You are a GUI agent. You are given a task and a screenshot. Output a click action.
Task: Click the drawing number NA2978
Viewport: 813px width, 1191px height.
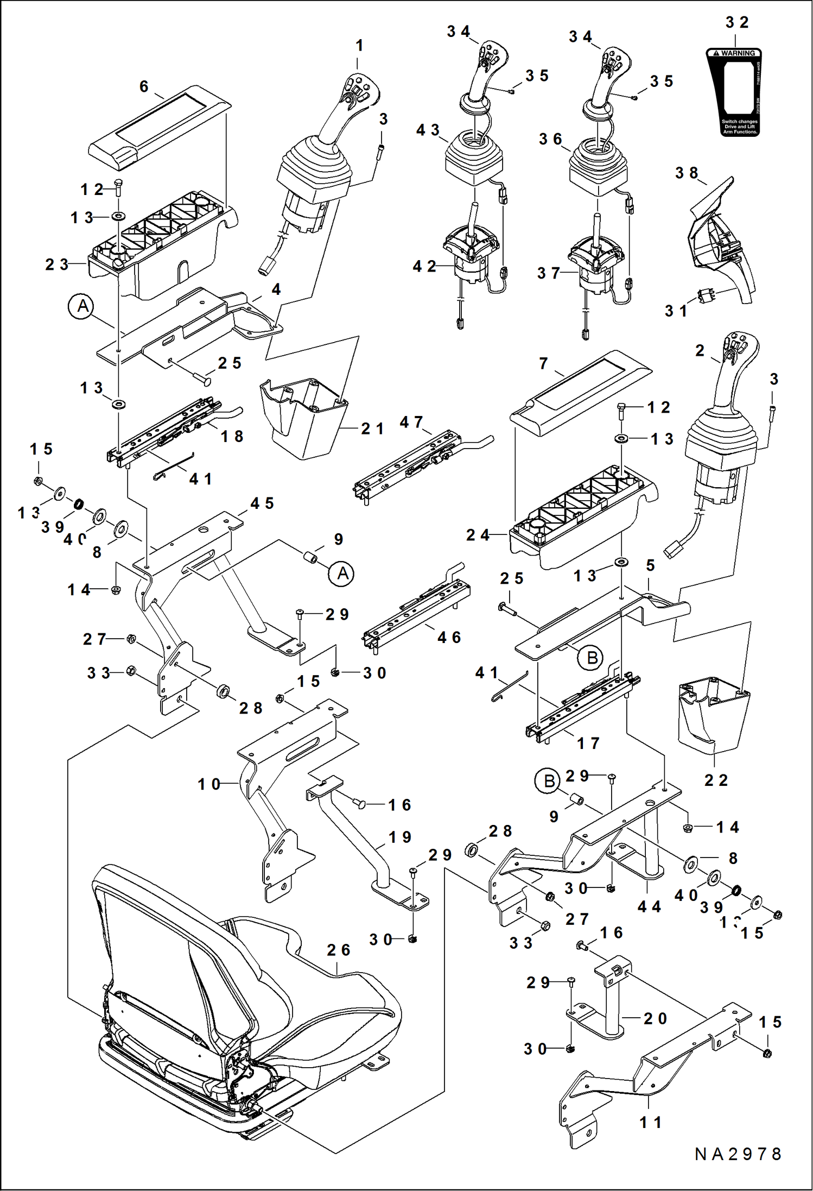[x=738, y=1154]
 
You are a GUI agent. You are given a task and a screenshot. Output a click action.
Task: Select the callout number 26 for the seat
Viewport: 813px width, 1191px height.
[x=338, y=950]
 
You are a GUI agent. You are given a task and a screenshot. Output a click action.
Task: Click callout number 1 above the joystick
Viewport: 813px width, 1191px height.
[x=359, y=46]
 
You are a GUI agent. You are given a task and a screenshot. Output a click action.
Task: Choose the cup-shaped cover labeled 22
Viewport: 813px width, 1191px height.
[x=714, y=717]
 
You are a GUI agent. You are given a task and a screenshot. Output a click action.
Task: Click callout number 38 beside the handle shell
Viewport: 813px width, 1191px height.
[x=687, y=173]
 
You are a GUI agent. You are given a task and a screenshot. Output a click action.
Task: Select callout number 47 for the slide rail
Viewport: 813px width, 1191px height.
[x=411, y=422]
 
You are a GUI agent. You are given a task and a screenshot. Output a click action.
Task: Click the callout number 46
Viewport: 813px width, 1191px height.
[x=449, y=638]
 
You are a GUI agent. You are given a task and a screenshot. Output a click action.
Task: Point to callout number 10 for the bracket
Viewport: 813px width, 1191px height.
[x=209, y=784]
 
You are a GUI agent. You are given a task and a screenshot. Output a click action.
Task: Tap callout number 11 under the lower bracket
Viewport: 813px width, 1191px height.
[x=650, y=1122]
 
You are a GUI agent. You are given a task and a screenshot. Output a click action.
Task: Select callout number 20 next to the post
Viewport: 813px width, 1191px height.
[x=655, y=1018]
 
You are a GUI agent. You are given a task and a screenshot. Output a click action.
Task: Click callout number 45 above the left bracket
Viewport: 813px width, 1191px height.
[x=262, y=503]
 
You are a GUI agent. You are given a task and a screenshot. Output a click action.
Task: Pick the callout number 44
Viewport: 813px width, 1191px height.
[x=649, y=906]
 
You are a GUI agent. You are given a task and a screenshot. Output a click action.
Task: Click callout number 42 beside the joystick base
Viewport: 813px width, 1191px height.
[x=424, y=266]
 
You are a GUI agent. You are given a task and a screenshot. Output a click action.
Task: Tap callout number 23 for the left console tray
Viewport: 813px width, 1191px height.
[x=56, y=264]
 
